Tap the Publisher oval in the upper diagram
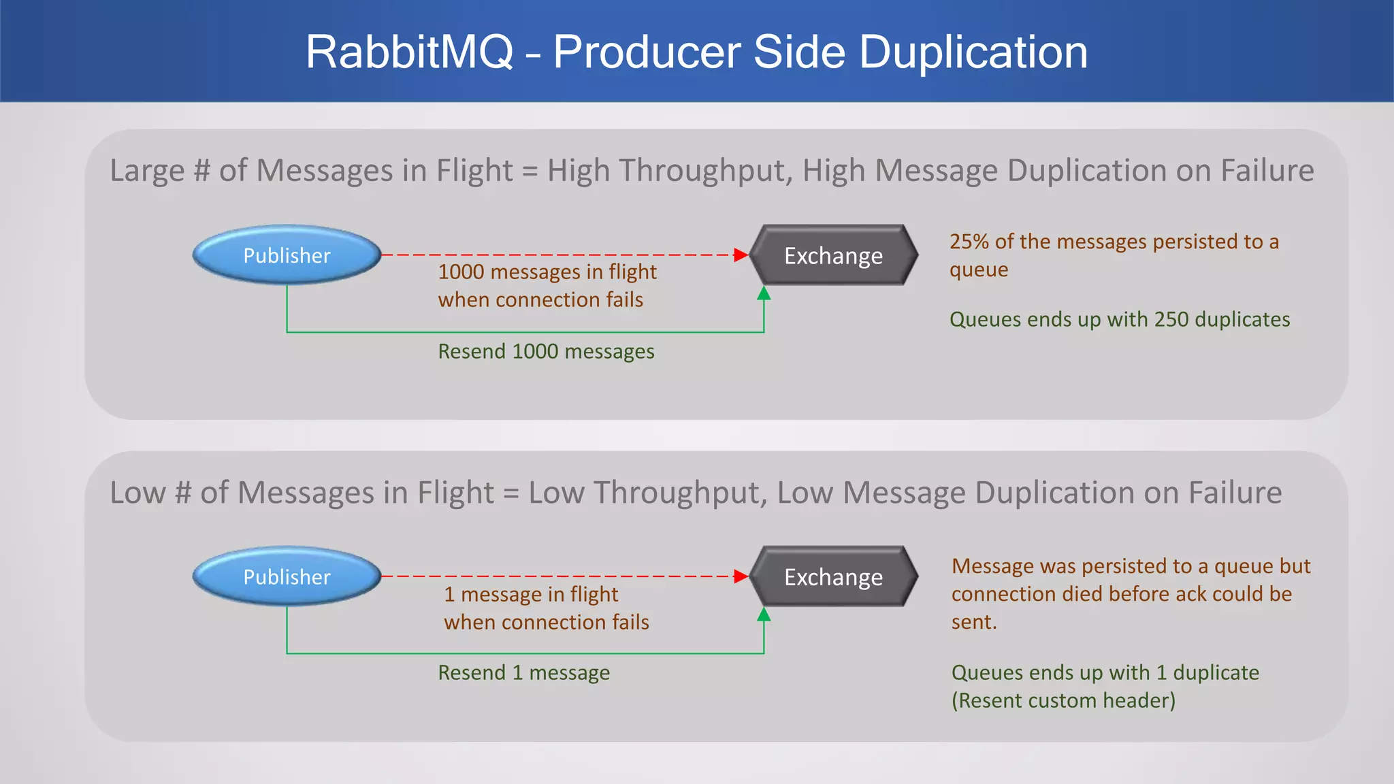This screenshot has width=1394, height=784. [x=287, y=255]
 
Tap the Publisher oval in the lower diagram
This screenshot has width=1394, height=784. [x=287, y=576]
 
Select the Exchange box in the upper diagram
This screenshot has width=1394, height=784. [x=833, y=255]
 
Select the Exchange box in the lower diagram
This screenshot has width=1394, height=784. [x=833, y=576]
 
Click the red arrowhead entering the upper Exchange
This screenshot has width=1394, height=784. [x=741, y=255]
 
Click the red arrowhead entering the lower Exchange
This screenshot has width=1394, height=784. [x=741, y=576]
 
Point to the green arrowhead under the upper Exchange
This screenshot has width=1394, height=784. [x=764, y=293]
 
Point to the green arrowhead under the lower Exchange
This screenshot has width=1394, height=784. [x=764, y=615]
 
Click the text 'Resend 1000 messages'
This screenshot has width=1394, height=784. [x=546, y=351]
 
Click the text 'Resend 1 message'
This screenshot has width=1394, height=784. [x=523, y=672]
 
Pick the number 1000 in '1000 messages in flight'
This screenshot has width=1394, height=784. [x=461, y=272]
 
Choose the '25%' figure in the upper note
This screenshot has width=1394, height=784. [x=969, y=242]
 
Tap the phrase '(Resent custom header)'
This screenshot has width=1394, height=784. [x=1063, y=700]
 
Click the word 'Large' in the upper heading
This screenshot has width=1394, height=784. [x=147, y=170]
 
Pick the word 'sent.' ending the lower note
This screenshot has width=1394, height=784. [x=973, y=621]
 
